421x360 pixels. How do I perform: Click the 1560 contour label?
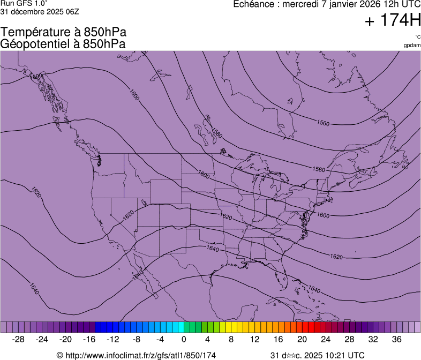pyautogui.click(x=323, y=123)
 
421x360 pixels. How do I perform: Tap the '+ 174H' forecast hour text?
pyautogui.click(x=392, y=21)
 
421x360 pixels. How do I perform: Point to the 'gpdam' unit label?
pyautogui.click(x=412, y=45)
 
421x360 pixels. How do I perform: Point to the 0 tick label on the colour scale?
pyautogui.click(x=184, y=339)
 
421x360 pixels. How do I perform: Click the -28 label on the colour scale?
pyautogui.click(x=18, y=339)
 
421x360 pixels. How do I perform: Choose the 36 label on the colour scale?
pyautogui.click(x=396, y=339)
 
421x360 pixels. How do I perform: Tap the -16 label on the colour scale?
pyautogui.click(x=89, y=339)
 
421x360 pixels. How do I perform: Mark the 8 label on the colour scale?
pyautogui.click(x=231, y=339)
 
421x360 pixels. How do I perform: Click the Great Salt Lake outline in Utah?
pyautogui.click(x=144, y=202)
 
